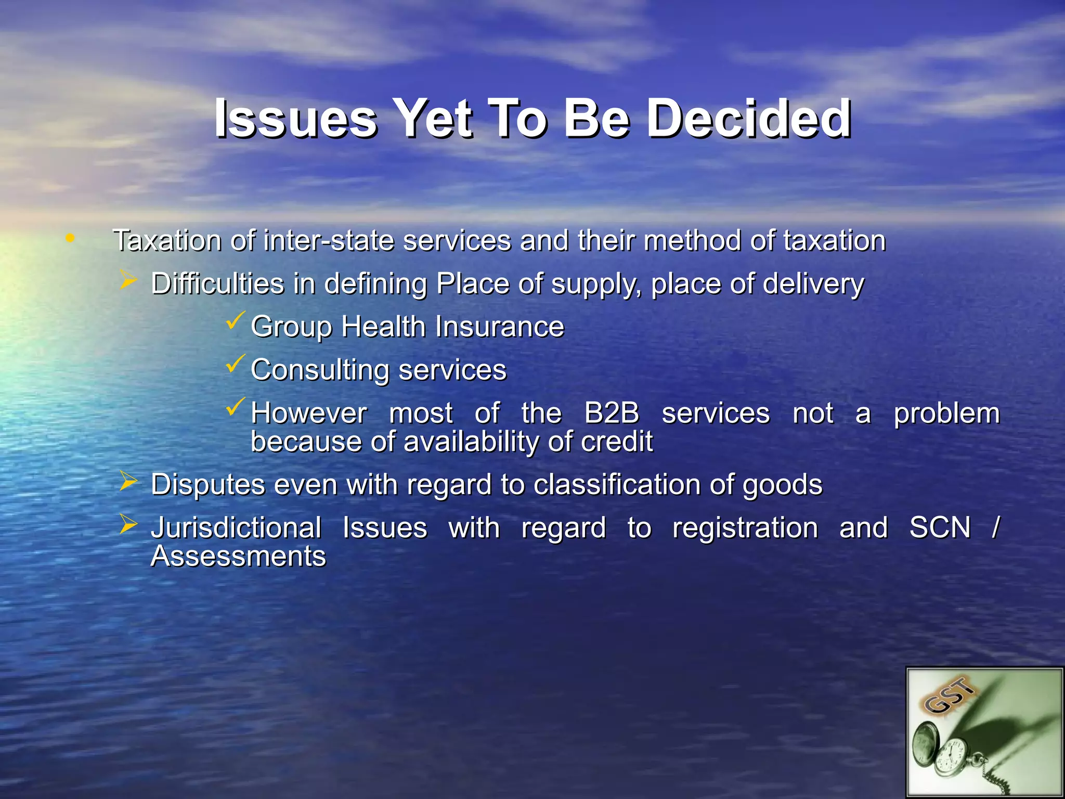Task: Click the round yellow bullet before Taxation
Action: click(x=70, y=239)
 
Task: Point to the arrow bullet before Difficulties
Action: click(x=128, y=280)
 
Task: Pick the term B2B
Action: click(x=612, y=413)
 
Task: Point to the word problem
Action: click(x=946, y=414)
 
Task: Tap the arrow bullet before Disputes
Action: click(x=128, y=481)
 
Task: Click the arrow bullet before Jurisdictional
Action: click(x=128, y=524)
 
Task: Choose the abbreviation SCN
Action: click(x=940, y=527)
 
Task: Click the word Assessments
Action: click(x=238, y=556)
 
